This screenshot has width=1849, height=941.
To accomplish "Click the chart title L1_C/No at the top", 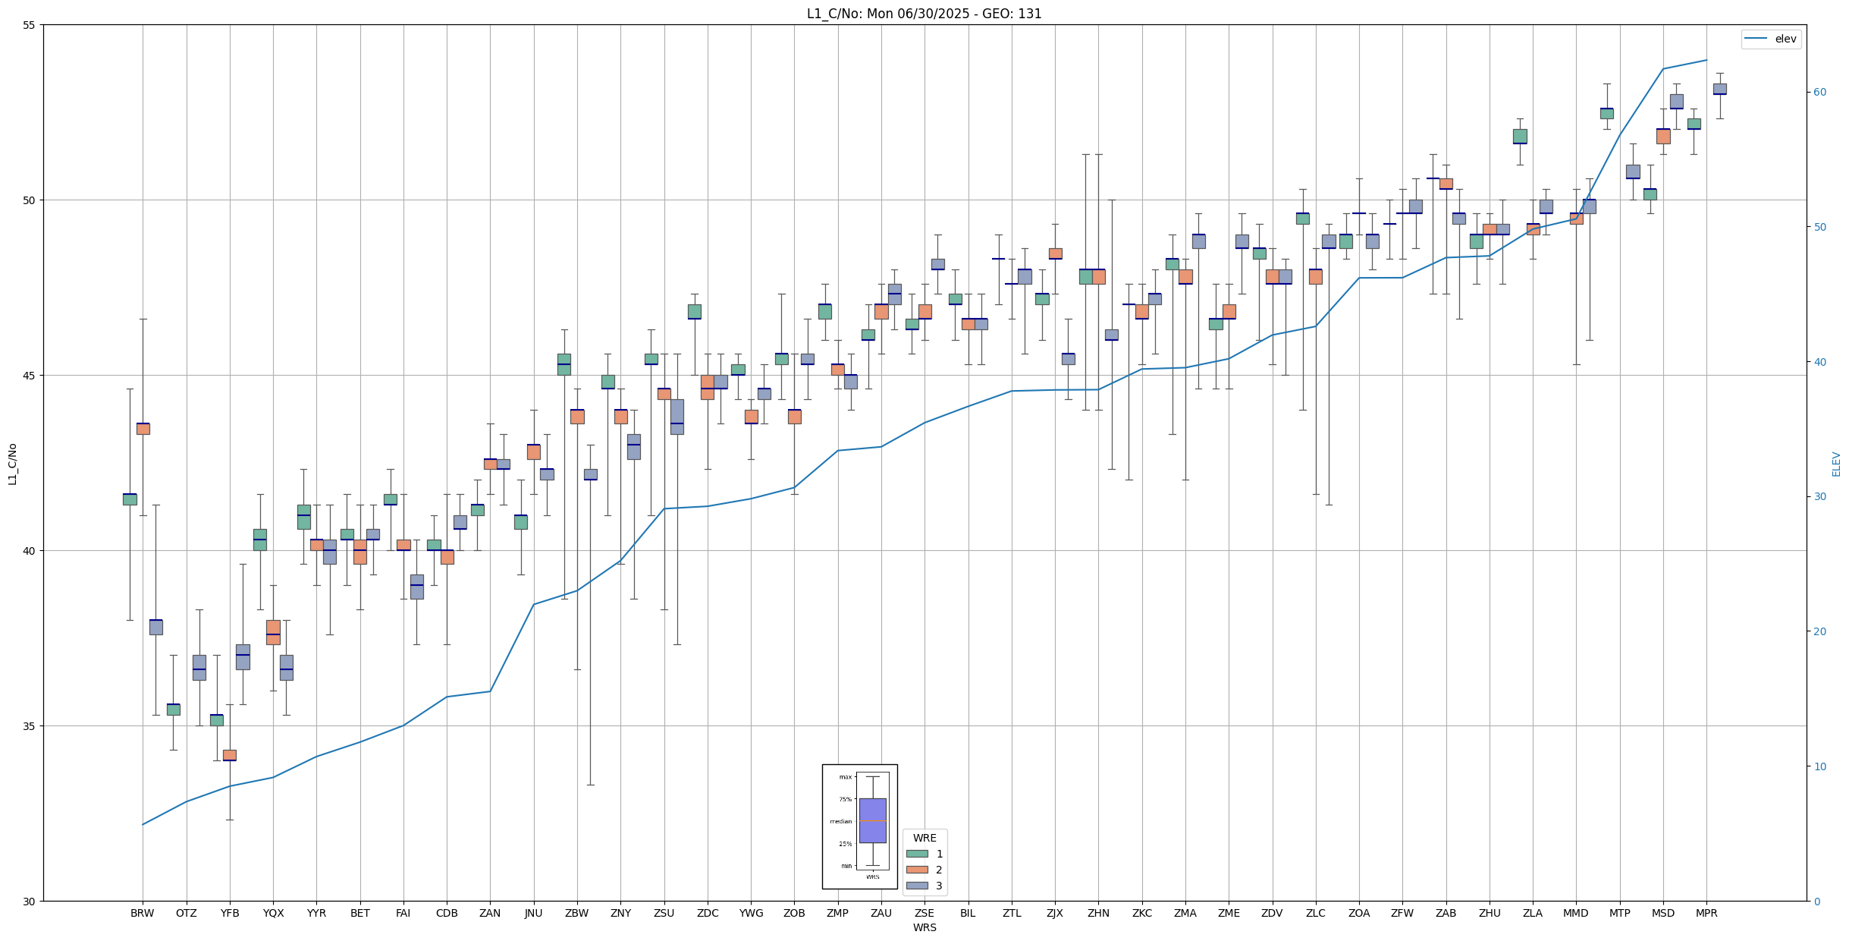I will point(924,14).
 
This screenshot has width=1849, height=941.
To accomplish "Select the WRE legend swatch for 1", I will point(917,854).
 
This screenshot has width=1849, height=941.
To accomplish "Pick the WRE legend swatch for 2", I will point(917,870).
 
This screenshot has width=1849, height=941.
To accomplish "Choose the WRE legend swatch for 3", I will point(917,886).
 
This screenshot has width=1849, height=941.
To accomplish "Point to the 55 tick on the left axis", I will point(30,25).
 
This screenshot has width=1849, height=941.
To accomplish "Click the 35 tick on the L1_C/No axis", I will point(30,726).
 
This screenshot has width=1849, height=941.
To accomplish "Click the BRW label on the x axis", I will point(142,913).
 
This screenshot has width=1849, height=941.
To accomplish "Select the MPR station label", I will point(1706,913).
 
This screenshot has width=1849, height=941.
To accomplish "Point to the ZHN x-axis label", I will point(1098,913).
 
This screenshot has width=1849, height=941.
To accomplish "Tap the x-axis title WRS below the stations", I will point(924,927).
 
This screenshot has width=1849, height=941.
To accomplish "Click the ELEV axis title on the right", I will point(1836,464).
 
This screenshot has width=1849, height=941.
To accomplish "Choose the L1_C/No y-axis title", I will point(12,464).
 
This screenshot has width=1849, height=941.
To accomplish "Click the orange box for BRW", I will point(143,429).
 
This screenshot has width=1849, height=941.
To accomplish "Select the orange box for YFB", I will point(230,755).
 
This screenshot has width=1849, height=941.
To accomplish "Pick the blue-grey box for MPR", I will point(1719,89).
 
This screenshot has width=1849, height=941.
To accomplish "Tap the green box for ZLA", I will point(1520,137).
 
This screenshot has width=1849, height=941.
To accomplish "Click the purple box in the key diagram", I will point(872,820).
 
